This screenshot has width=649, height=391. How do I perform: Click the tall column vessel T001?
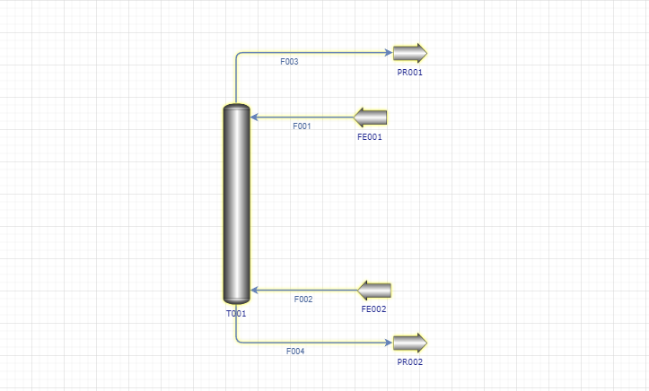coord(236,204)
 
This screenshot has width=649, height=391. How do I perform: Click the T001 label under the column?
coord(236,314)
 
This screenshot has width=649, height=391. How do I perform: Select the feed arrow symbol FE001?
coord(370,117)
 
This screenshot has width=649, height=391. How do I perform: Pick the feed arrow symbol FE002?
coord(374,291)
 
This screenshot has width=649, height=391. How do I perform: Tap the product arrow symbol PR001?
coord(409,53)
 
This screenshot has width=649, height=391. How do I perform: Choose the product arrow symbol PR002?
coord(409,343)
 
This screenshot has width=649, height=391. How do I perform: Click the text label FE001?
coord(370,137)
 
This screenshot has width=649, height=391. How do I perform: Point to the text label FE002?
coord(373,309)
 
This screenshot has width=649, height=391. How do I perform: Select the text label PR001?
coord(409,73)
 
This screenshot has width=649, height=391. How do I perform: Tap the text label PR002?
coord(409,362)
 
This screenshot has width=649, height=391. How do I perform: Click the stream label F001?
coord(302,126)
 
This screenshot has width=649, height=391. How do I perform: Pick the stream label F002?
coord(303,299)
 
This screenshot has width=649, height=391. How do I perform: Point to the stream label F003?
coord(289,62)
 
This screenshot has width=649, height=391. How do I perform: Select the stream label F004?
coord(295,351)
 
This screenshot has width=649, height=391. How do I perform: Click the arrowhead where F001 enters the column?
coord(254,117)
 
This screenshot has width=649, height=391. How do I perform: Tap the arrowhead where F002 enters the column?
coord(254,291)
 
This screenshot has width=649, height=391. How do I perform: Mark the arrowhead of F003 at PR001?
coord(389,53)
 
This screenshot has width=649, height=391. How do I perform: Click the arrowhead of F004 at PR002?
coord(389,343)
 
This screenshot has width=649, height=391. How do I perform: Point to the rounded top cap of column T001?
coord(236,107)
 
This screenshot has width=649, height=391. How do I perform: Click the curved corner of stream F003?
coord(238,54)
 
